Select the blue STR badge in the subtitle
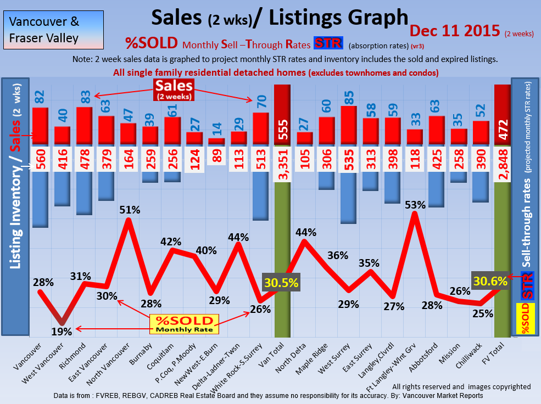click(328, 43)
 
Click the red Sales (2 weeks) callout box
click(174, 89)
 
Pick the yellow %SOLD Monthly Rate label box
click(184, 324)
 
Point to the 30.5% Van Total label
click(281, 283)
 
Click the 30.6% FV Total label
click(490, 281)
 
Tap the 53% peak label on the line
click(415, 205)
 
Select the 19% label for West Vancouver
click(62, 331)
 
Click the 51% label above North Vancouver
click(130, 210)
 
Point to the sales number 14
click(217, 130)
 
